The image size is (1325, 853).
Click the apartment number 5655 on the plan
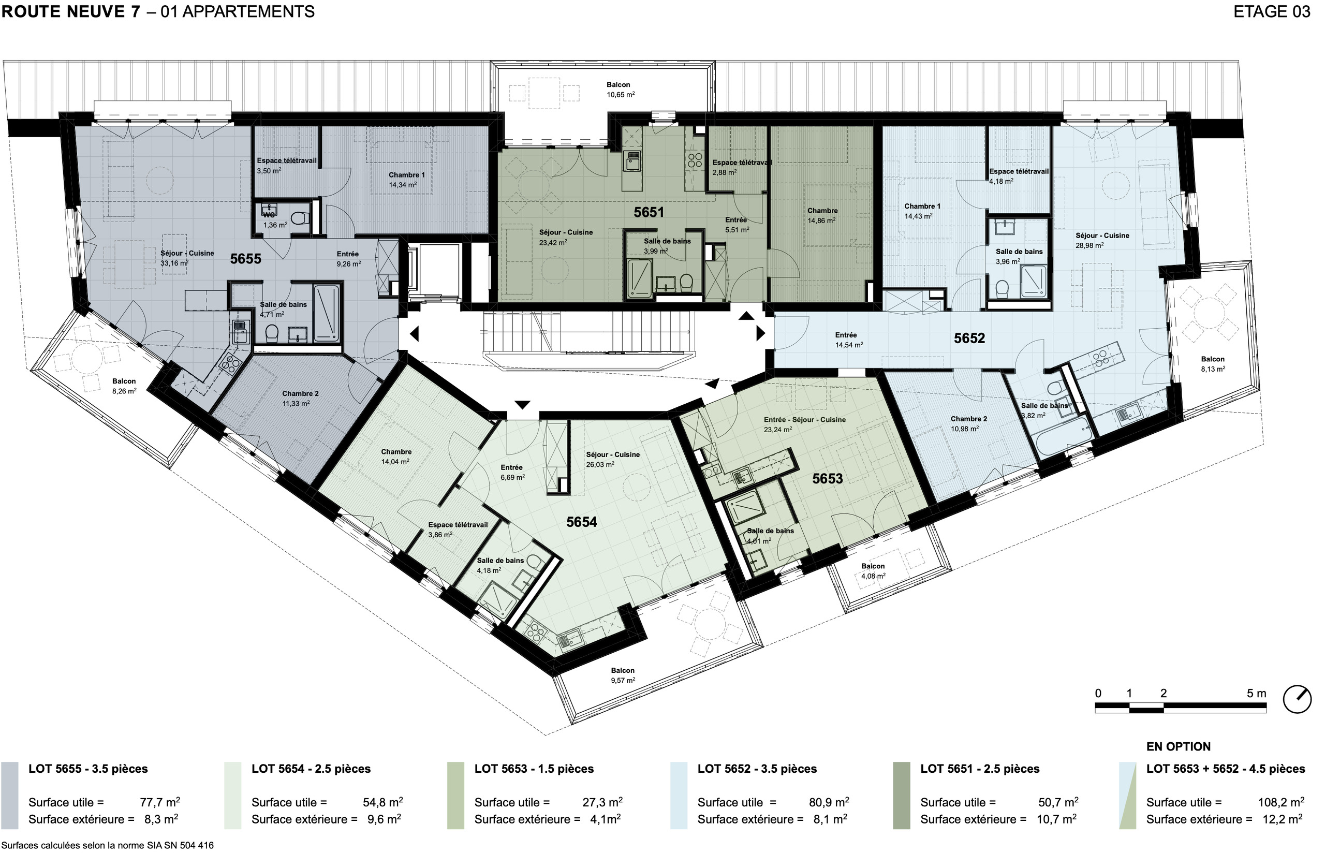pos(245,259)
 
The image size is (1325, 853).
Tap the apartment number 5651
pos(649,212)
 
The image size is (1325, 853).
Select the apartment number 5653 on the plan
pos(827,479)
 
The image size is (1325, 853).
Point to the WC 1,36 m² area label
pos(275,220)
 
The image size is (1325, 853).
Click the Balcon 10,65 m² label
pos(620,90)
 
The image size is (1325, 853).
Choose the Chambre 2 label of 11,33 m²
pos(300,399)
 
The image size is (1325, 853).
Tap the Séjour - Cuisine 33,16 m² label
pos(187,258)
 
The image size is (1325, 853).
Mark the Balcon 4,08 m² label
pos(873,571)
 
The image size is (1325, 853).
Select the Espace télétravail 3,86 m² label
pos(458,530)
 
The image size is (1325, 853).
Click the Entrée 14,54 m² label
pos(849,340)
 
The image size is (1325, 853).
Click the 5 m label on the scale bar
pos(1256,694)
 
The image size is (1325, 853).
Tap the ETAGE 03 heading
pos(1272,11)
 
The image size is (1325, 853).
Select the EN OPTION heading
pos(1179,747)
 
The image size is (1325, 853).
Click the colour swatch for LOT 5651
pos(902,796)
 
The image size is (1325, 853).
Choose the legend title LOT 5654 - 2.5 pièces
pos(311,769)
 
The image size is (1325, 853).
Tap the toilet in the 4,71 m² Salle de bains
pos(271,333)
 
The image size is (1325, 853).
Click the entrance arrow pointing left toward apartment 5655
pos(414,334)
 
